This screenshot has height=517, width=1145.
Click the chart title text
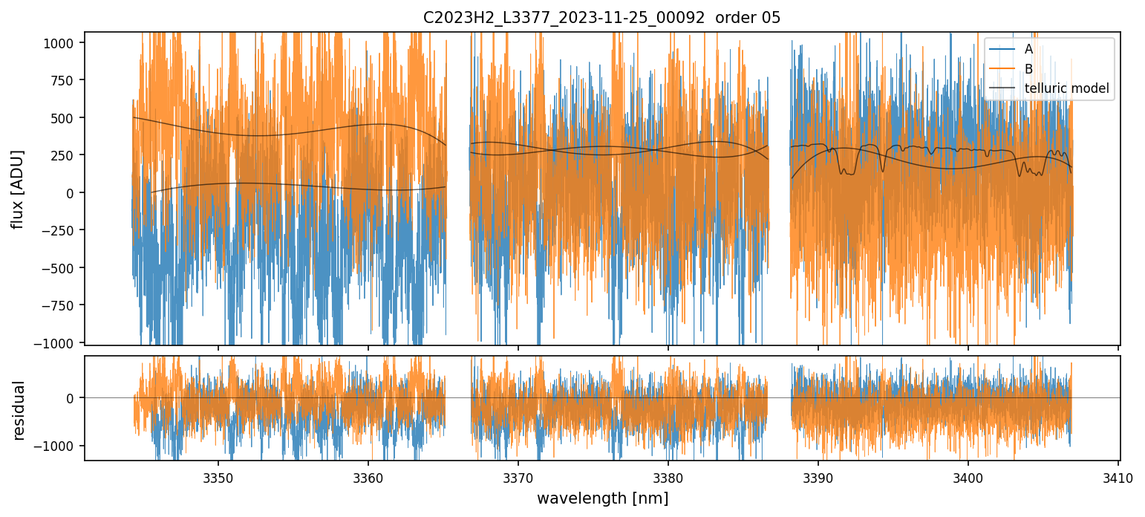601,18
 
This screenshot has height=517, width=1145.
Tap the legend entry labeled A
1028,49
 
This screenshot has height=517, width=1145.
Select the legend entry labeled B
1028,69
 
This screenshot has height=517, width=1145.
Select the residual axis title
18,409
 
